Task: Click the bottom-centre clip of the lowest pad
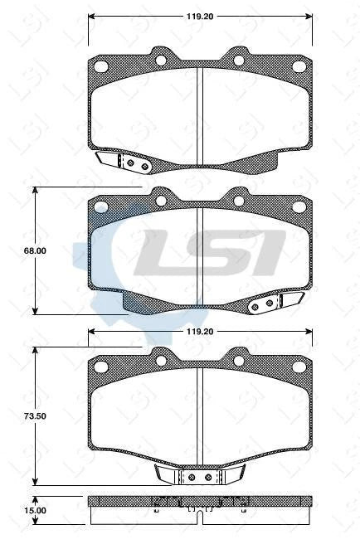(200, 477)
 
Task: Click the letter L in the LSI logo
(163, 253)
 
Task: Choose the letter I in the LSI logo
(270, 253)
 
